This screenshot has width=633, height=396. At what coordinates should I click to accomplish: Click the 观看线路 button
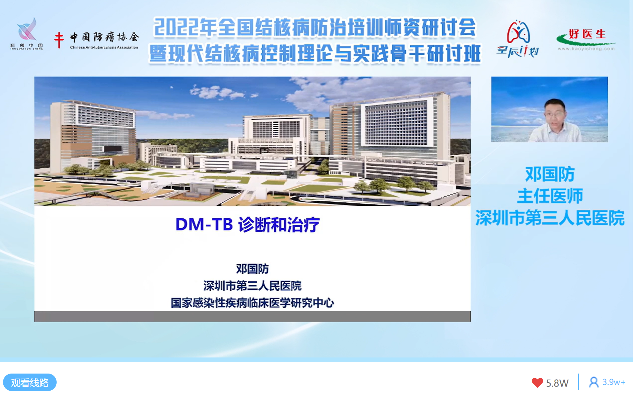(30, 382)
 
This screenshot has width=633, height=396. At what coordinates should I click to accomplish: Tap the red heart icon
(537, 383)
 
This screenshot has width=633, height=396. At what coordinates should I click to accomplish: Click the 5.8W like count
(557, 383)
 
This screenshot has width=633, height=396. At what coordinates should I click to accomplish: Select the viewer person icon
(594, 382)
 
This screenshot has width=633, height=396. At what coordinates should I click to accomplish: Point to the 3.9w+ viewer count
(614, 382)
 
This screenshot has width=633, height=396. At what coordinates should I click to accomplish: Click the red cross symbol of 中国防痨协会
(59, 40)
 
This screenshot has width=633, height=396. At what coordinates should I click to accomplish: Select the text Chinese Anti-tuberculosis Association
(104, 48)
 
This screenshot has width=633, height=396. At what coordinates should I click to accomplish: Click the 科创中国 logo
(27, 34)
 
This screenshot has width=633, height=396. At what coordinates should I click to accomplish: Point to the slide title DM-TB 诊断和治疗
(248, 224)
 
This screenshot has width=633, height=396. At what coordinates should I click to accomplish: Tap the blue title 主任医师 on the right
(550, 196)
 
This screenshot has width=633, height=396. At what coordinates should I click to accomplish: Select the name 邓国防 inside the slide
(253, 269)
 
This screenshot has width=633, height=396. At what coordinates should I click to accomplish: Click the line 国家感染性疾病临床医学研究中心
(253, 303)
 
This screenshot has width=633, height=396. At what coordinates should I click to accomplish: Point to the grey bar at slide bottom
(253, 317)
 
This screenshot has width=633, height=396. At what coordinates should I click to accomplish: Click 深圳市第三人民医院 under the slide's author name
(253, 286)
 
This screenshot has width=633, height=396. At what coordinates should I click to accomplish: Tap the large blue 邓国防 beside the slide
(550, 174)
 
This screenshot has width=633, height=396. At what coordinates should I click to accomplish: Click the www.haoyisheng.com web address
(586, 49)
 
